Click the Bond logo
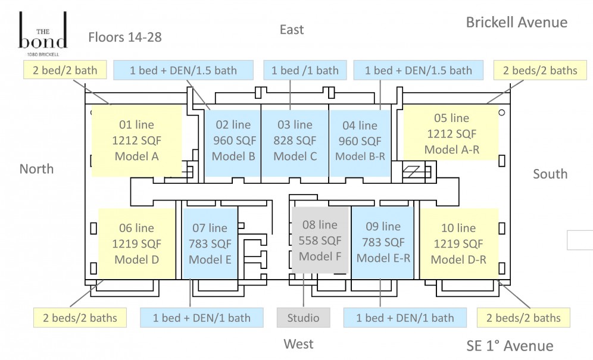point(43,34)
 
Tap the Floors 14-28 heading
point(125,37)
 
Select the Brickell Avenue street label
point(517,22)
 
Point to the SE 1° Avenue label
point(510,346)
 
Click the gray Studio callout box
point(303,318)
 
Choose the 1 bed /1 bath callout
point(305,70)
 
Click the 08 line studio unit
point(320,240)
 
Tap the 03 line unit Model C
point(295,143)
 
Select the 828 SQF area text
point(295,140)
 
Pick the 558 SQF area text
point(320,240)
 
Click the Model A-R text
point(452,149)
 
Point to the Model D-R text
point(458,259)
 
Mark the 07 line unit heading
point(210,228)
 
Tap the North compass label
point(36,169)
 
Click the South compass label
point(550,174)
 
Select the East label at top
point(292,30)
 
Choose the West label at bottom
point(298,344)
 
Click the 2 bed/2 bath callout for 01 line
point(65,70)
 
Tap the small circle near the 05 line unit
point(501,112)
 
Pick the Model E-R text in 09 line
point(383,258)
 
